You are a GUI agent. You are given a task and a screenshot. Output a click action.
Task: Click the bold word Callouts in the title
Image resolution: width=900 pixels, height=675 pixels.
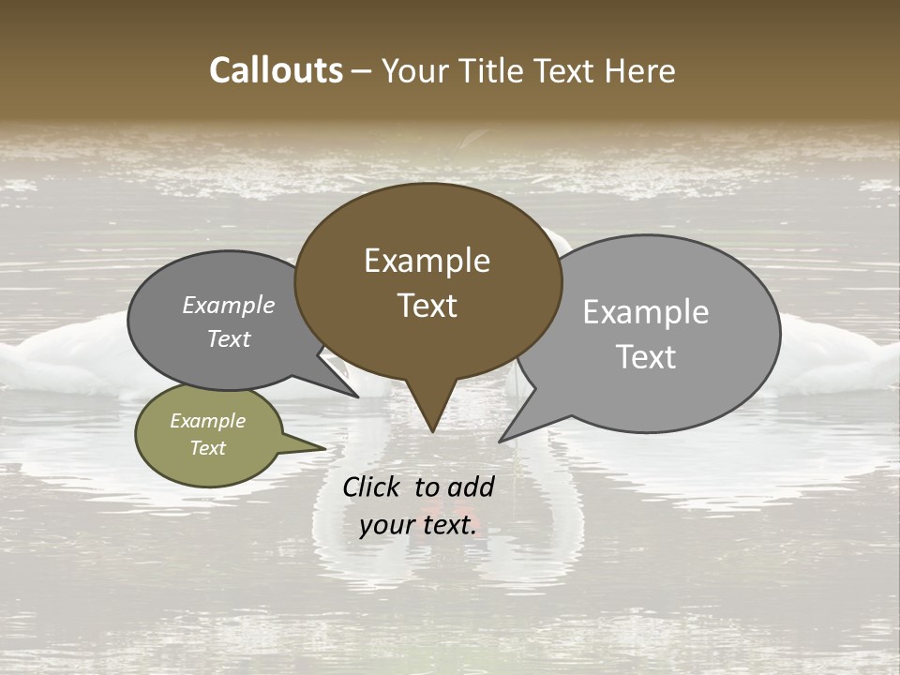coord(276,70)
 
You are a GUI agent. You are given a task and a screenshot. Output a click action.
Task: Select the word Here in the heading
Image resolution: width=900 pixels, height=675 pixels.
coord(641,70)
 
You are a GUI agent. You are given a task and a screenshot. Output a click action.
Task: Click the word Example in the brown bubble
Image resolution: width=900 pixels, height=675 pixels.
coord(427,261)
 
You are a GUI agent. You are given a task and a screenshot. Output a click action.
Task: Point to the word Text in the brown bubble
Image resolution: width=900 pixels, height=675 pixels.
coord(427,306)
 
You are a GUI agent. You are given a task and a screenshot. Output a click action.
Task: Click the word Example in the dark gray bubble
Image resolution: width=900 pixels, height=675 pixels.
coord(229,306)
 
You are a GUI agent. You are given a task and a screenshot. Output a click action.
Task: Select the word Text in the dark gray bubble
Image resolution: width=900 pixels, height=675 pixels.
coord(229,338)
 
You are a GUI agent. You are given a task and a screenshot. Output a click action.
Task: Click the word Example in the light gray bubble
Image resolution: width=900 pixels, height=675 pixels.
coord(646,312)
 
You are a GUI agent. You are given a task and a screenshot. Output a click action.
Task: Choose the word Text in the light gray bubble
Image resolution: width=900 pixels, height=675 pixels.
coord(646,356)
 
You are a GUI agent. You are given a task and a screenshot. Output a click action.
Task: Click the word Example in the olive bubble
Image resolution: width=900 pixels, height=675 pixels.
coord(208,421)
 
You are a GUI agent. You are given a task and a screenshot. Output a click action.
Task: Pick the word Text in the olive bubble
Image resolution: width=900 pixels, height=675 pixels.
coord(208,448)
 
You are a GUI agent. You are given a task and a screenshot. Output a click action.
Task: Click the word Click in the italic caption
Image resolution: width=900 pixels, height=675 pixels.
coord(371,487)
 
